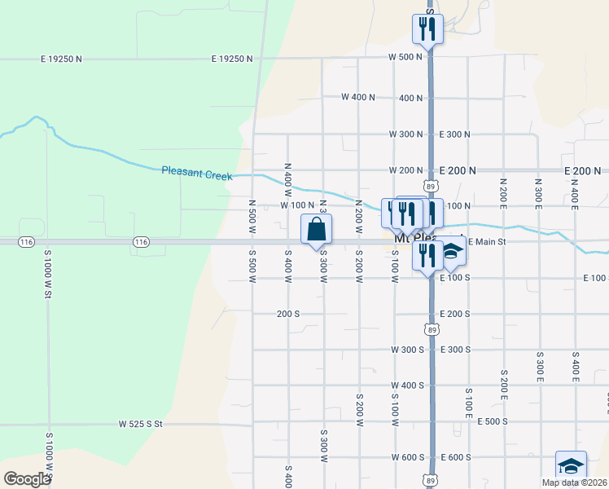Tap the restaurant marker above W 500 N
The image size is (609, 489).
[x=427, y=29]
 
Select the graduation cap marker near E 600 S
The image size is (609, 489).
[x=571, y=467]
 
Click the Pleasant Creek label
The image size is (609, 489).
[x=196, y=173]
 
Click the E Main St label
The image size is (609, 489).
[x=487, y=242]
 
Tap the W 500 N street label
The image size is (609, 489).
[x=405, y=57]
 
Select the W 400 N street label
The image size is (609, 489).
[x=358, y=97]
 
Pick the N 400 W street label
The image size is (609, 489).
[x=287, y=176]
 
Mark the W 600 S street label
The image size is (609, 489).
[x=407, y=457]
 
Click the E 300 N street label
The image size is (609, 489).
[x=454, y=134]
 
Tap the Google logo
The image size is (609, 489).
[x=27, y=479]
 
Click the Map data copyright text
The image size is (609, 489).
[x=575, y=482]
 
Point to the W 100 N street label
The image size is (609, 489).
[x=297, y=205]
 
